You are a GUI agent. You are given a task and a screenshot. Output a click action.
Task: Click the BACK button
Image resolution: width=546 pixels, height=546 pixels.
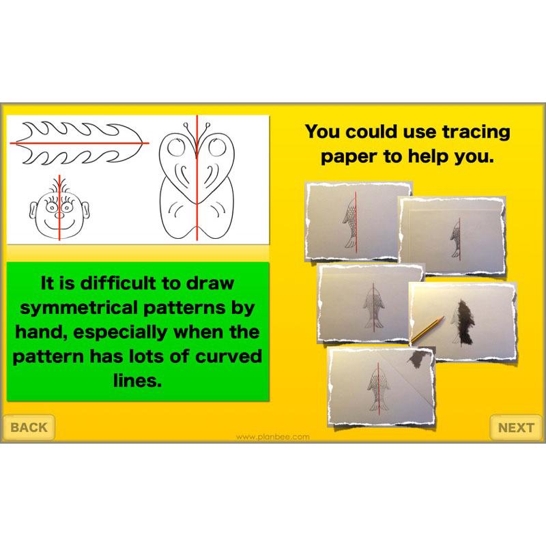tap(29, 427)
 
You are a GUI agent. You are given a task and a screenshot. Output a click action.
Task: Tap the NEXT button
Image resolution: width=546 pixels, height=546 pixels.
tap(515, 428)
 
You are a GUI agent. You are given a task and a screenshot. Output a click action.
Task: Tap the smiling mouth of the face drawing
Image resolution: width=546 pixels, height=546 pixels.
tap(59, 222)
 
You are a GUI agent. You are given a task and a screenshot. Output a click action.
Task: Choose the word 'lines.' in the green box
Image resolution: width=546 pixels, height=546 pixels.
tap(136, 380)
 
